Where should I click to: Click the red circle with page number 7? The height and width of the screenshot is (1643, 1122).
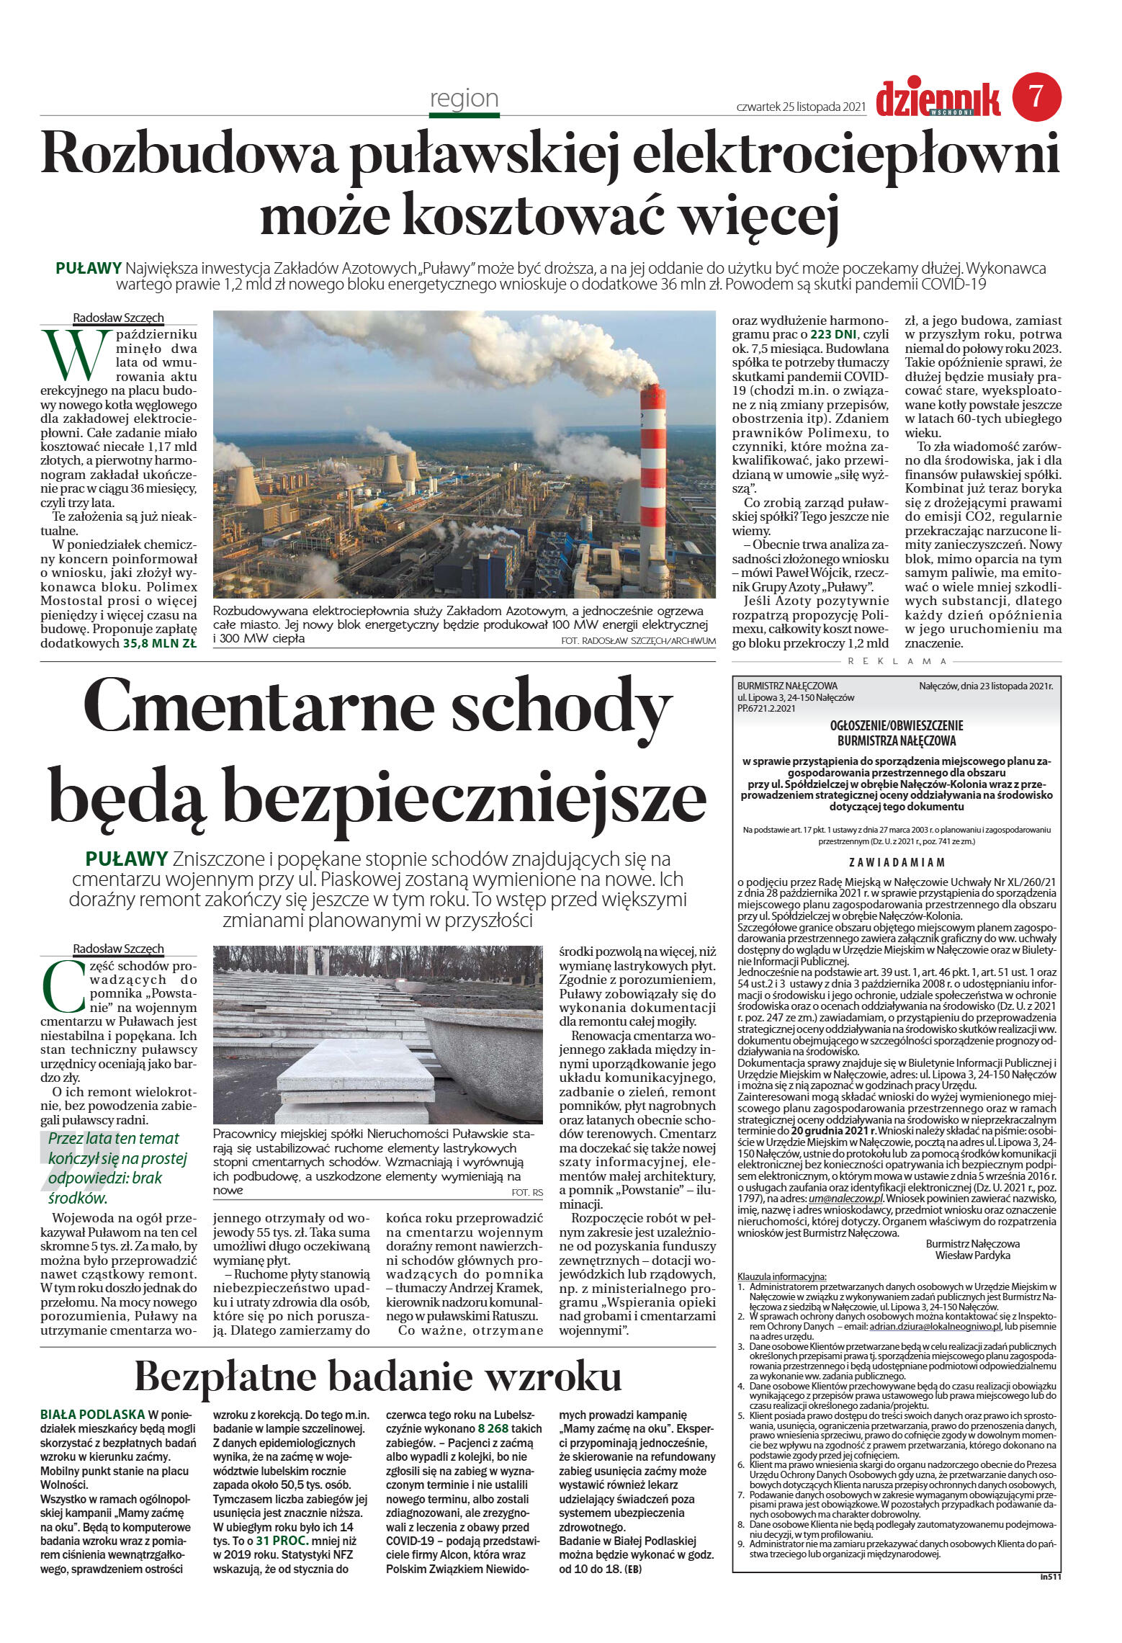(x=1036, y=97)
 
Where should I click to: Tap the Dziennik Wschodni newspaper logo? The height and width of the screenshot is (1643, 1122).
(x=938, y=99)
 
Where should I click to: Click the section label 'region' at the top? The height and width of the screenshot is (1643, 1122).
(x=464, y=98)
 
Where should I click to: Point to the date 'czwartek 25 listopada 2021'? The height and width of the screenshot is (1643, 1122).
(x=799, y=107)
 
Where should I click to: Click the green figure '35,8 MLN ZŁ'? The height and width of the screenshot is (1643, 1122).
(x=159, y=644)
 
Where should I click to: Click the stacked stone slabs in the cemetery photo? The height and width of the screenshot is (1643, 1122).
(x=356, y=1078)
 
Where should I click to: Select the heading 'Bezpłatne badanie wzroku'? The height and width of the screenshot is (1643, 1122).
(x=377, y=1376)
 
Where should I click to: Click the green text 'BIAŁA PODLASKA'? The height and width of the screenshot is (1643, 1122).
(x=92, y=1414)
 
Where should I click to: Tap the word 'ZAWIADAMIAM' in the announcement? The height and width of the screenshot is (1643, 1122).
(x=896, y=862)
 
